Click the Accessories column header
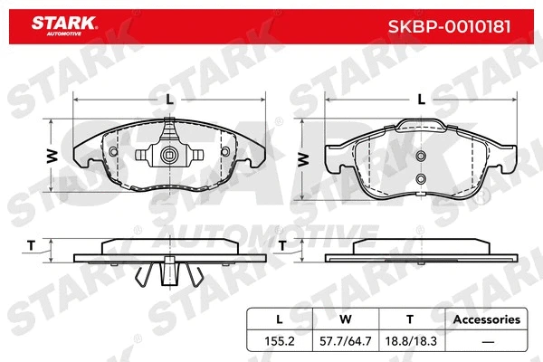point(486,319)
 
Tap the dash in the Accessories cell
point(486,341)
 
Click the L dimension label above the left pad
point(170,100)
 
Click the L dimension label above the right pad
point(420,100)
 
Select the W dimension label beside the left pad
point(52,156)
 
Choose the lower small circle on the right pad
point(420,180)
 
